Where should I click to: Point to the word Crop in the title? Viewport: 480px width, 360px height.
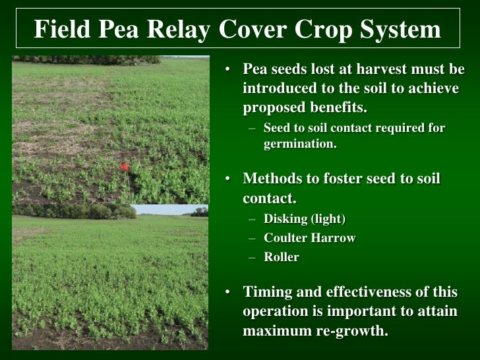[322, 29]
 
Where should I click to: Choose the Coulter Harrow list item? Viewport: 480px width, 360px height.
[309, 238]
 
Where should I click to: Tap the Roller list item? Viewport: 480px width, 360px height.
[282, 257]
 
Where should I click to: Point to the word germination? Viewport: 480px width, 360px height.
[300, 143]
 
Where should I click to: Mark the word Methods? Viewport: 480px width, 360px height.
[272, 179]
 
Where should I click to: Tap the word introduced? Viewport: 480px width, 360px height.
[279, 88]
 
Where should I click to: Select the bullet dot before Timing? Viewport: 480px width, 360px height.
[227, 293]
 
